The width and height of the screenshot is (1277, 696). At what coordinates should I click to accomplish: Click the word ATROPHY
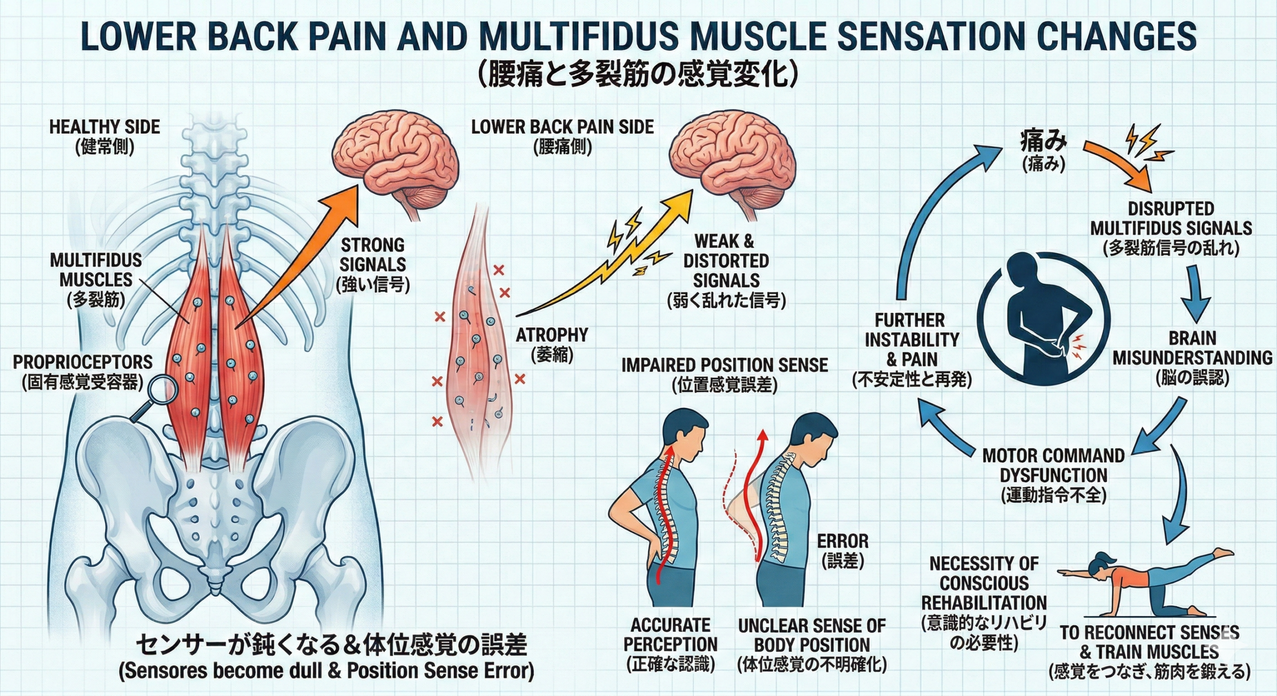(x=552, y=335)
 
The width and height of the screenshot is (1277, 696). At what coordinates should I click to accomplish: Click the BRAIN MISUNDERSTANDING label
(x=1192, y=348)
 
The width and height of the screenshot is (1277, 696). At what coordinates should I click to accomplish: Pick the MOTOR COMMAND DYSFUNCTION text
(x=1054, y=465)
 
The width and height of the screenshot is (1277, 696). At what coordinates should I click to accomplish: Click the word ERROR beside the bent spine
(x=843, y=541)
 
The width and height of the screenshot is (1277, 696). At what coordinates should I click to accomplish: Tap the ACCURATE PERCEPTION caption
(x=670, y=634)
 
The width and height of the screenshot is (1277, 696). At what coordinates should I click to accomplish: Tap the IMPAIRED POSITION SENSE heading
(x=724, y=365)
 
